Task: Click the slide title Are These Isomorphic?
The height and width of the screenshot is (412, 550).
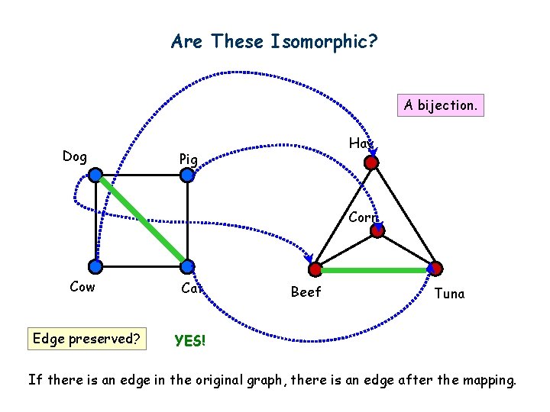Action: [274, 41]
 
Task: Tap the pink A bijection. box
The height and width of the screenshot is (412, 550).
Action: [440, 105]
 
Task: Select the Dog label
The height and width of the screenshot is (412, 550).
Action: [74, 156]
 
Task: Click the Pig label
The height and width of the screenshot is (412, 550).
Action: [188, 159]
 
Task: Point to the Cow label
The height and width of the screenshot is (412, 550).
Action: [82, 287]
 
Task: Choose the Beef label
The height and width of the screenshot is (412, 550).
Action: [306, 292]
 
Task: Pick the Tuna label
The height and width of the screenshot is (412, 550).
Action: [448, 294]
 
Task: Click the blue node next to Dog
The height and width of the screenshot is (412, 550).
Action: [95, 175]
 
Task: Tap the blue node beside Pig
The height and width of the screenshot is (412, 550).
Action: [188, 175]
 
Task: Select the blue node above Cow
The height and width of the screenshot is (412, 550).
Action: [95, 266]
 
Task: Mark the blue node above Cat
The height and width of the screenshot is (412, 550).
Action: [188, 266]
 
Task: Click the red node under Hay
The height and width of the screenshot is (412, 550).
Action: [371, 163]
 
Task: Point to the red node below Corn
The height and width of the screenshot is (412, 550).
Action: [377, 230]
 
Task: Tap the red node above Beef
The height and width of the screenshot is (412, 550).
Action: [315, 269]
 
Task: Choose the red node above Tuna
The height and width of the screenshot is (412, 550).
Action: [434, 269]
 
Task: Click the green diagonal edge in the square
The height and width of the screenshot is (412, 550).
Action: [141, 220]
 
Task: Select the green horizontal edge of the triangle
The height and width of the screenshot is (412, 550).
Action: [374, 270]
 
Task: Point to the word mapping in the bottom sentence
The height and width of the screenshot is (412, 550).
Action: [484, 378]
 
